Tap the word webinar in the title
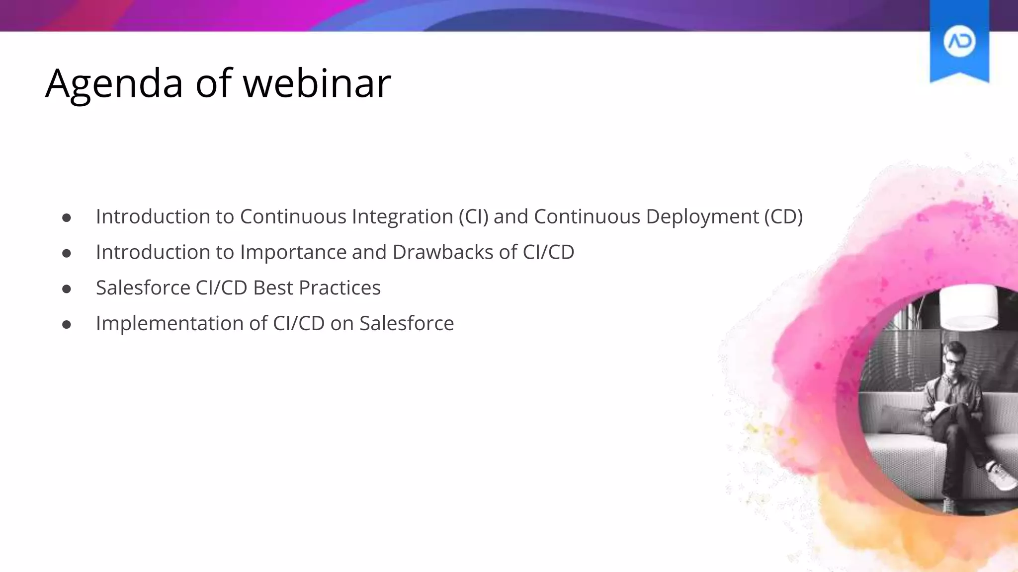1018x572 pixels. pyautogui.click(x=317, y=83)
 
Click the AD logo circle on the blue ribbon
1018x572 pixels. pyautogui.click(x=959, y=42)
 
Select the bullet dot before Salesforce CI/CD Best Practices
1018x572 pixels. pyautogui.click(x=67, y=289)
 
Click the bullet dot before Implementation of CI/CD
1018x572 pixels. pyautogui.click(x=67, y=325)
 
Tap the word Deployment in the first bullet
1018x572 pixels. pyautogui.click(x=702, y=217)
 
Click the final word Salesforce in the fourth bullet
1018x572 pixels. pyautogui.click(x=407, y=324)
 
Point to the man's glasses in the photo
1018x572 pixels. pyautogui.click(x=953, y=362)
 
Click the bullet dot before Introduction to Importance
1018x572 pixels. pyautogui.click(x=67, y=254)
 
